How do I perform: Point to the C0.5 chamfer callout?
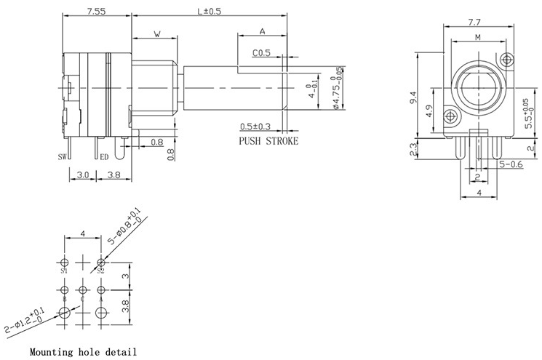[261, 53]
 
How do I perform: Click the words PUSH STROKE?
[268, 141]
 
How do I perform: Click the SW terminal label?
[63, 156]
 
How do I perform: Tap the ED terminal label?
[104, 156]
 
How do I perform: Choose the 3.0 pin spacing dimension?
[82, 175]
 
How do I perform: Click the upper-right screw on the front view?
[507, 59]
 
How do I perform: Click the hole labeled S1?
[65, 262]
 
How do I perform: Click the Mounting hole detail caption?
[83, 352]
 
